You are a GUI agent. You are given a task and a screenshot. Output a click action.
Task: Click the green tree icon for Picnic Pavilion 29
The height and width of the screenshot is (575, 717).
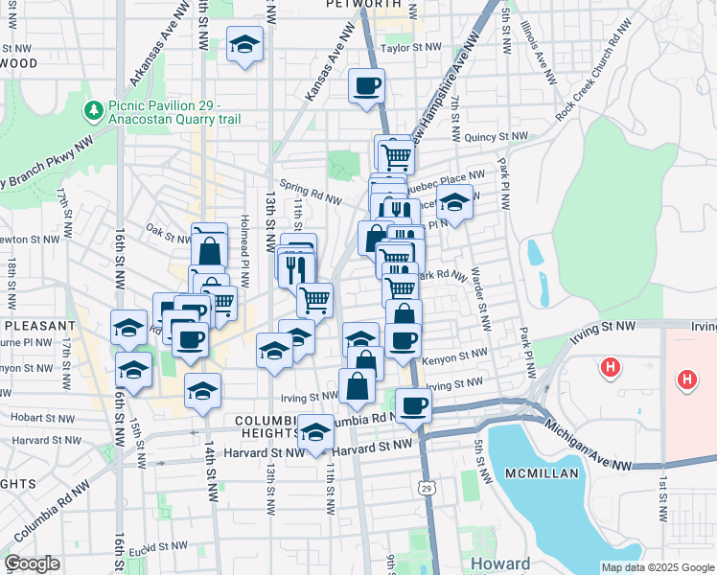point(94,111)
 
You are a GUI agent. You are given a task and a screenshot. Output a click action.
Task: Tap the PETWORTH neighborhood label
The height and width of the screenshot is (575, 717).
point(365,5)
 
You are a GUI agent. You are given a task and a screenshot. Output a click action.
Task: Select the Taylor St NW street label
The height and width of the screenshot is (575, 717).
point(410,47)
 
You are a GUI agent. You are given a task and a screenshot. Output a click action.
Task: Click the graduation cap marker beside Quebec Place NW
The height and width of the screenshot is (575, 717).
point(454,203)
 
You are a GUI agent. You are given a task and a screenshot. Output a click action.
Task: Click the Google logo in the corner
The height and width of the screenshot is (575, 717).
point(33,563)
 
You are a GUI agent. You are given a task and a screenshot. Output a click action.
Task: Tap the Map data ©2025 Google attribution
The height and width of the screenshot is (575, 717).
point(658,567)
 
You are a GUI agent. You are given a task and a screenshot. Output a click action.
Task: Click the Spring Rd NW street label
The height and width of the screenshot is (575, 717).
point(311,191)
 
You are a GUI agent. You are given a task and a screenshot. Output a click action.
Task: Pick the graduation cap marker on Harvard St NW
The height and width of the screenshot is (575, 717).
point(315,432)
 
